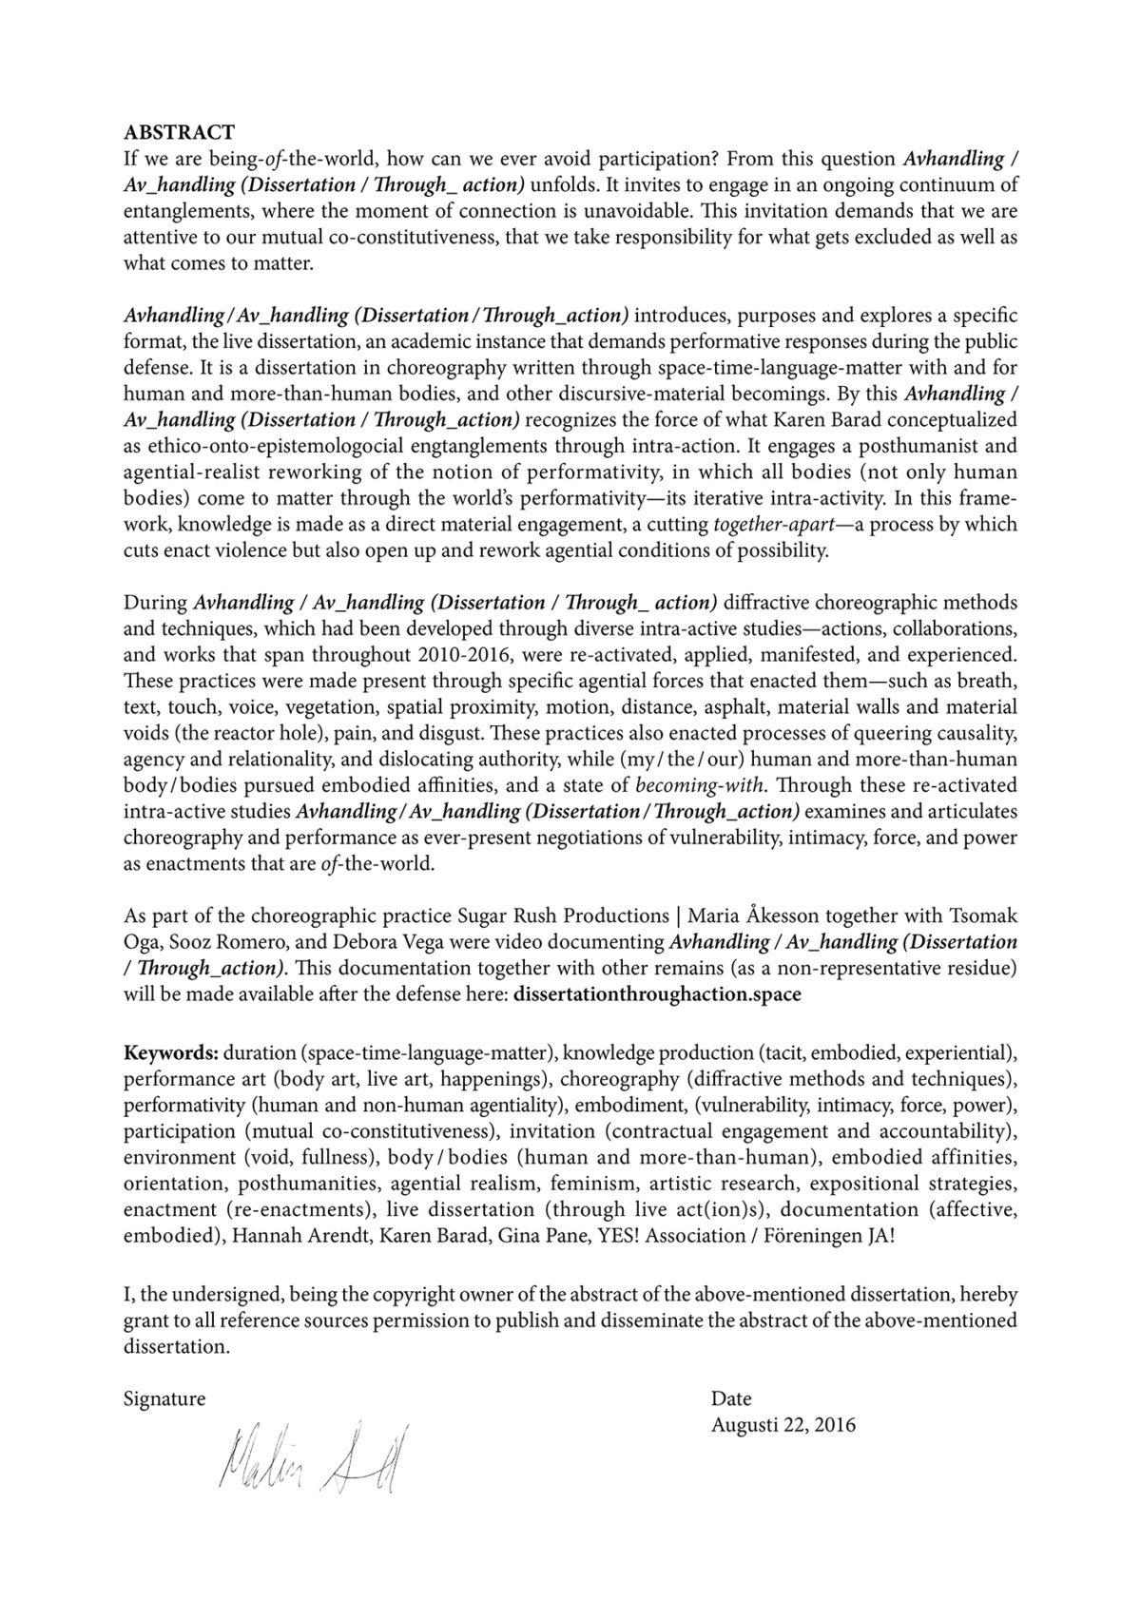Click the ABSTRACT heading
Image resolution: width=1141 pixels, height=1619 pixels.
tap(179, 132)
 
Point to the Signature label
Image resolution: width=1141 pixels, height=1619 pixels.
tap(164, 1398)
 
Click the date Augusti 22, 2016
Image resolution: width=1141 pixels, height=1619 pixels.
tap(783, 1425)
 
